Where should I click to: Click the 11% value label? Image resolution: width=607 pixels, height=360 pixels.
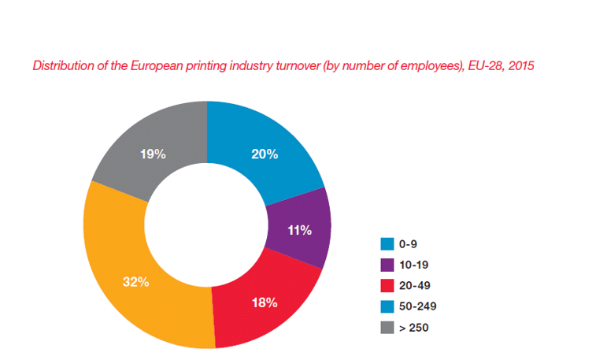(x=301, y=230)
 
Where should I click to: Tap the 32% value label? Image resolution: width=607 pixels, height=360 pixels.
(x=136, y=281)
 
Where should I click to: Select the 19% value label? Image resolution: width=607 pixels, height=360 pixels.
(x=153, y=154)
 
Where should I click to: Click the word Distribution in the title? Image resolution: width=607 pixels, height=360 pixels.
(x=61, y=65)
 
